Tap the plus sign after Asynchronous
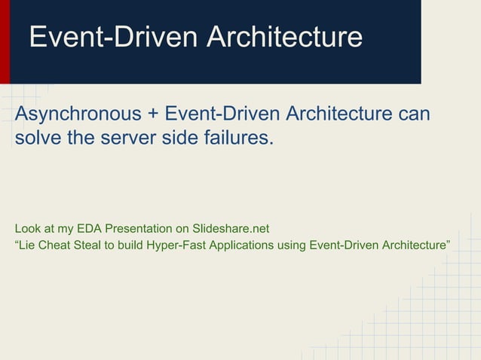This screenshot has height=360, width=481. click(153, 114)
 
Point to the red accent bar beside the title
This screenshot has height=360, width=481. click(5, 41)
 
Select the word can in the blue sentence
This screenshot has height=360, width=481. click(415, 114)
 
